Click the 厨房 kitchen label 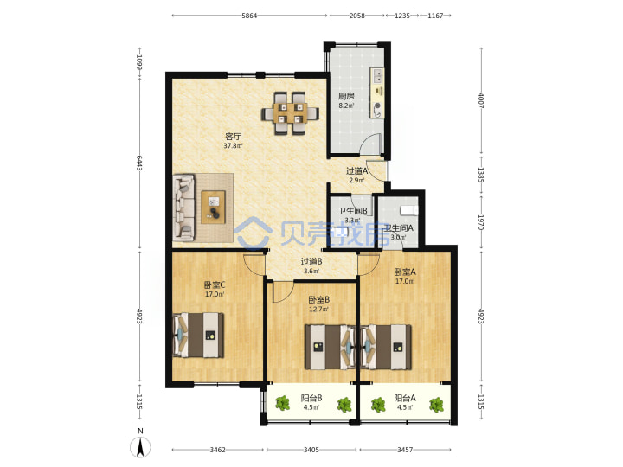[346, 96]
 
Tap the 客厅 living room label [233, 137]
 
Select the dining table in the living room [290, 113]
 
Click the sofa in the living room [183, 208]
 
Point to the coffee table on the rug [213, 207]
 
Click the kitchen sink [377, 76]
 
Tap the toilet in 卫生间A [408, 210]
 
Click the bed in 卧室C [198, 336]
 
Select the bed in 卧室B [330, 347]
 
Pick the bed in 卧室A [386, 347]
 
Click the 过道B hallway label [311, 262]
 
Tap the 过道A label [356, 171]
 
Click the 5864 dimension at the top [249, 16]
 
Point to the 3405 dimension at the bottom [311, 450]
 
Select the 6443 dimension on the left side [139, 163]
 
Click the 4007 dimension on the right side [481, 101]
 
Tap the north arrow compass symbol [140, 447]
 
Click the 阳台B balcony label [311, 398]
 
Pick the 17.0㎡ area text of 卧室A [405, 282]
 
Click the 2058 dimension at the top [356, 16]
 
